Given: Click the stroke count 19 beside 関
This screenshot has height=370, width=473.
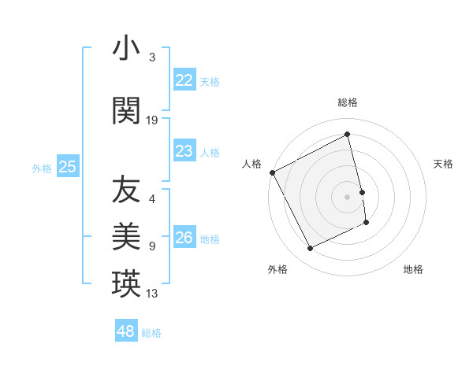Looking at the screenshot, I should [152, 120].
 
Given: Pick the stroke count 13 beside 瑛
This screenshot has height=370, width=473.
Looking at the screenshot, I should [152, 294].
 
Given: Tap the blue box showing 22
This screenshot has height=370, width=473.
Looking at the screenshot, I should [184, 80].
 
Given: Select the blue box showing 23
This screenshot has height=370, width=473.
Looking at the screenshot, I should [184, 151].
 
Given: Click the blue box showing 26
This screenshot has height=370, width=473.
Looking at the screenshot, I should [184, 238].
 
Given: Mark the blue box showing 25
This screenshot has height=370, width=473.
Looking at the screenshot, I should [68, 167].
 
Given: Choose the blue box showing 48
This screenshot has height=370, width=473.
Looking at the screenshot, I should [126, 331].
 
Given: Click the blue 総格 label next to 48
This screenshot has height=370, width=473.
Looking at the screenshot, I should [152, 333].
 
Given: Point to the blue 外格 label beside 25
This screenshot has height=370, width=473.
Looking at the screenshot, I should [42, 168].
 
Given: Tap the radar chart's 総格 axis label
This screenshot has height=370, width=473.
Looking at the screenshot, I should [348, 102].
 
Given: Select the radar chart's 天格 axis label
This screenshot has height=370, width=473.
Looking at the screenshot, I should [444, 164].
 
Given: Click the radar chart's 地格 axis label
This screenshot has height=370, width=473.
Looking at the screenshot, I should [413, 269].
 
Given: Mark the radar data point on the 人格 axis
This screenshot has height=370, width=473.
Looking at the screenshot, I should [272, 172].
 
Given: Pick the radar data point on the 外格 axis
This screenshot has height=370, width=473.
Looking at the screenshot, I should [310, 249].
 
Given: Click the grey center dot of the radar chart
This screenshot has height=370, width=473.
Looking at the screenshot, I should [348, 197].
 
